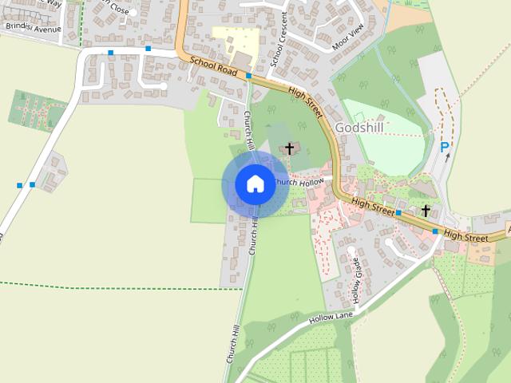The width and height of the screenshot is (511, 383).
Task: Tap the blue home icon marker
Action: pos(255,184)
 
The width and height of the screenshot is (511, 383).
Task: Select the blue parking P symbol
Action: pos(445,147)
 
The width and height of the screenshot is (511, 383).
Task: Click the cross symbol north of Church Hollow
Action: pos(289,148)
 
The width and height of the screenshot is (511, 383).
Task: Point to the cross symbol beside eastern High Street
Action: pos(426,211)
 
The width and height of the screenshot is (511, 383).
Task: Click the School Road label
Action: pos(213,68)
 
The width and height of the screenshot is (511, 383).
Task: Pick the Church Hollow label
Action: pos(299,183)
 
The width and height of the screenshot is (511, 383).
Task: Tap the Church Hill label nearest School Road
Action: pos(248,128)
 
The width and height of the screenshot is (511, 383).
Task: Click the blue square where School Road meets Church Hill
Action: pos(249,76)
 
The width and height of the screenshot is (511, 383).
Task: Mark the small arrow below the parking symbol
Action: pos(448,157)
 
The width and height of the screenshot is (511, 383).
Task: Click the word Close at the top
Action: pos(119,10)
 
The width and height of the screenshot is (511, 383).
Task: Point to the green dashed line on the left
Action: pos(120,286)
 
